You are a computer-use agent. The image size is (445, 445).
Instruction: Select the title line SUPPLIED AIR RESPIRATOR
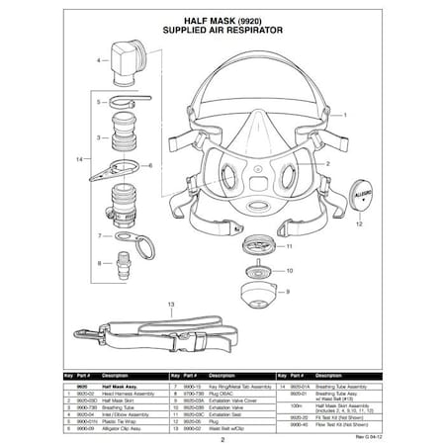(x=222, y=32)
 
